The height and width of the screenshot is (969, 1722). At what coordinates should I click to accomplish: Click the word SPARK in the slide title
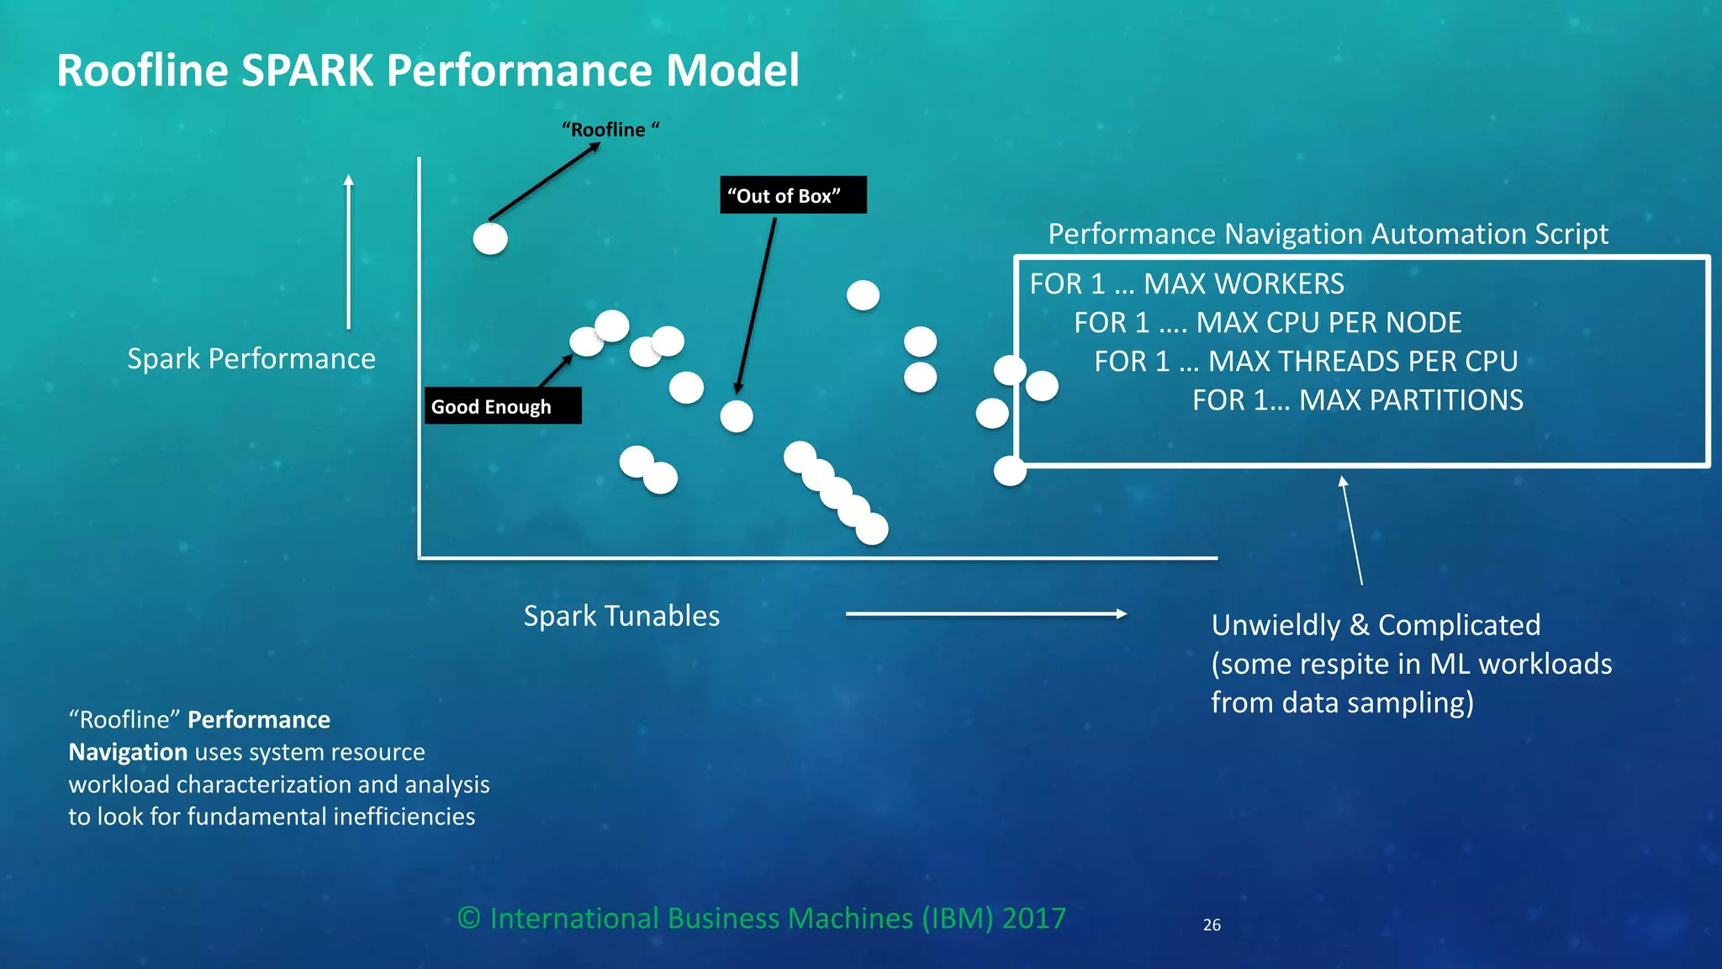click(307, 71)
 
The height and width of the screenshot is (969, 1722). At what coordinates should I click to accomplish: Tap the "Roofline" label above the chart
click(610, 130)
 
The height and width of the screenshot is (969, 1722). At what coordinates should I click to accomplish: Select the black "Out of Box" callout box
click(792, 195)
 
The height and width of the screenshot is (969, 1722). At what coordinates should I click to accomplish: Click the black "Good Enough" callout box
click(502, 406)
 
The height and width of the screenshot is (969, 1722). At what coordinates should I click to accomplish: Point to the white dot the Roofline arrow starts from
click(490, 239)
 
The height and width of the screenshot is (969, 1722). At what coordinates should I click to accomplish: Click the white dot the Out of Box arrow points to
click(737, 416)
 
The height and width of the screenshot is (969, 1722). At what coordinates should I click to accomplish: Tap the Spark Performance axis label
click(251, 359)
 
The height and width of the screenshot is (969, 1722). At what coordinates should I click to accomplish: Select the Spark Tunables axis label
click(621, 616)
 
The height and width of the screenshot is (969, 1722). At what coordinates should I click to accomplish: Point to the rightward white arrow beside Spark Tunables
click(985, 614)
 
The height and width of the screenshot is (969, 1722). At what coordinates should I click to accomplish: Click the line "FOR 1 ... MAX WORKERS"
click(1186, 284)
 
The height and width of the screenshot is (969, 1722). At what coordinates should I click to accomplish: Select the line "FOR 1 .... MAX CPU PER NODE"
click(1267, 323)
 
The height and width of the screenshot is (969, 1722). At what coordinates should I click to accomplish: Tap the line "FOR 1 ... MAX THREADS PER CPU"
click(1305, 362)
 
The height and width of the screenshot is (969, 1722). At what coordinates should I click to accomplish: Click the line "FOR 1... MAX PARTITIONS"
click(1357, 400)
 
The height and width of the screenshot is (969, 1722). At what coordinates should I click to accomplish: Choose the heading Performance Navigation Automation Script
click(1328, 234)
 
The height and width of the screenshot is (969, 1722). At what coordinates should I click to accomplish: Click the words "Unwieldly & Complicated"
click(1376, 625)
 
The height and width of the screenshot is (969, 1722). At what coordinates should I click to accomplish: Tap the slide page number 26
click(1212, 925)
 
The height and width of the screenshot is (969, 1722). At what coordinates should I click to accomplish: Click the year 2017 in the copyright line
click(1033, 918)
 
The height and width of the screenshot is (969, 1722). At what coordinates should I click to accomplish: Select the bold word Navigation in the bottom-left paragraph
click(128, 752)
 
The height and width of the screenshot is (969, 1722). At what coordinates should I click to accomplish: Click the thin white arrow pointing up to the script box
click(1352, 530)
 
